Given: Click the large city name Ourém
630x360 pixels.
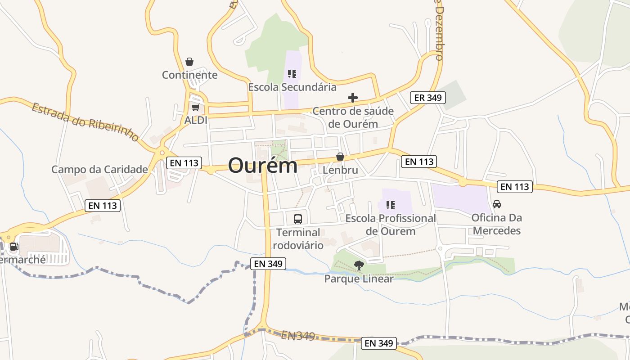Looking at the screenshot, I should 263,166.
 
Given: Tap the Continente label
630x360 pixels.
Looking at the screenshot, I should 189,75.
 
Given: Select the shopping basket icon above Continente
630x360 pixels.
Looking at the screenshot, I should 189,62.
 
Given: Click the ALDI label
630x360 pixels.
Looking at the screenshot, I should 196,120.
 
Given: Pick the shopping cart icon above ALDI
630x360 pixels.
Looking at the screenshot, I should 195,108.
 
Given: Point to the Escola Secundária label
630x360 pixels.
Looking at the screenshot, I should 292,87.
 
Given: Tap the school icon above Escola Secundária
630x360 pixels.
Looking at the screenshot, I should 292,74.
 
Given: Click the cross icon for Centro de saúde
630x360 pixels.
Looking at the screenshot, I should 353,98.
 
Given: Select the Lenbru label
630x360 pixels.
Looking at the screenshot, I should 340,170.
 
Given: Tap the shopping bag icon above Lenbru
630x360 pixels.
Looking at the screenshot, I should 340,157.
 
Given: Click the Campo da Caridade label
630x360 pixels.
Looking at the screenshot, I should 99,170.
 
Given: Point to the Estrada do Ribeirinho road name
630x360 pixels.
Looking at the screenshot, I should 85,122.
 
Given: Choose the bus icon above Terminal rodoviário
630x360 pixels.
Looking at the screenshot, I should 298,219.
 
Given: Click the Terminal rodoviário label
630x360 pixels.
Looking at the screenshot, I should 298,239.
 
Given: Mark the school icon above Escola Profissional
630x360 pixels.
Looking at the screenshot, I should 390,205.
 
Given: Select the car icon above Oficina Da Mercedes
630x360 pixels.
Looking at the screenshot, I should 497,204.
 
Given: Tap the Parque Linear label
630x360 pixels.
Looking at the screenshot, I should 359,279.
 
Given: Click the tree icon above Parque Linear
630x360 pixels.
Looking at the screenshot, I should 359,265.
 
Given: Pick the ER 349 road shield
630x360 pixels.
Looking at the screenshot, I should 427,98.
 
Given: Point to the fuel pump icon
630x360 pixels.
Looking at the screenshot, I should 14,247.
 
